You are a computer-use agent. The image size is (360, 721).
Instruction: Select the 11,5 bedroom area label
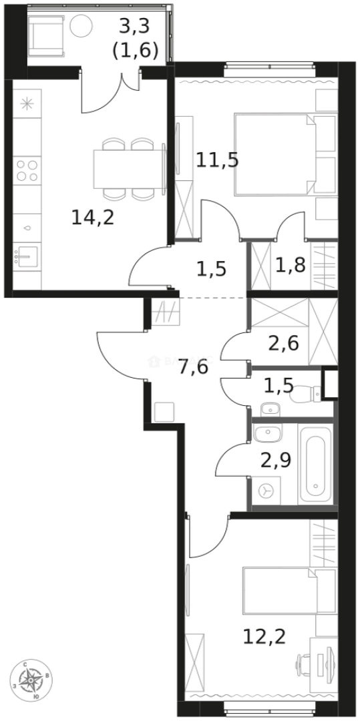pos(217,160)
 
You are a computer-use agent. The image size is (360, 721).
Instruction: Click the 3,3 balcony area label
pos(138,38)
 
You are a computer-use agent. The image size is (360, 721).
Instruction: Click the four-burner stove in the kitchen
pos(27,170)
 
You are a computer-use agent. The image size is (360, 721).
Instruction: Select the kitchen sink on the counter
pos(27,256)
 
